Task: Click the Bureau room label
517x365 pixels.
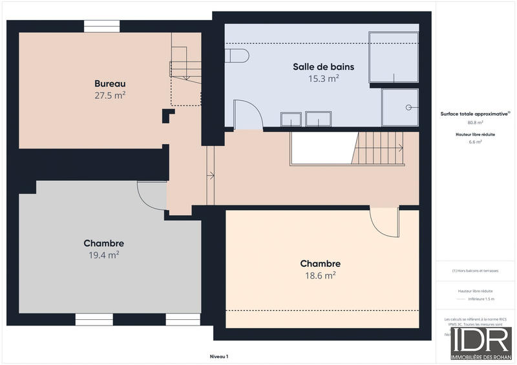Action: [x=109, y=84]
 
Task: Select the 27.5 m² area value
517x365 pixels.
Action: [x=109, y=95]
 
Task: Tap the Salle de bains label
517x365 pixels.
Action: [x=323, y=67]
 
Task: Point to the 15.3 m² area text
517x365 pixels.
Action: [x=324, y=78]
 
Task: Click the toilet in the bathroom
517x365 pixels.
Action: [x=237, y=56]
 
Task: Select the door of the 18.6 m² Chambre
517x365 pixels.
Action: [x=383, y=224]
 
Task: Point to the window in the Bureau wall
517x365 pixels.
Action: [x=101, y=27]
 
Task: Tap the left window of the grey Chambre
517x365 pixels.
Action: [x=94, y=319]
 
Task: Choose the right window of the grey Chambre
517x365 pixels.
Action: [x=183, y=319]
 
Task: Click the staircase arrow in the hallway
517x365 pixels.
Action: [x=210, y=174]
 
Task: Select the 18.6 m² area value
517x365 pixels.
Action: [x=321, y=275]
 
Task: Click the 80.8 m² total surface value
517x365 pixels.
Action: [x=476, y=122]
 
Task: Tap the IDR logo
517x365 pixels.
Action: [x=481, y=342]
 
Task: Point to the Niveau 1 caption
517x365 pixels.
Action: [x=219, y=357]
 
